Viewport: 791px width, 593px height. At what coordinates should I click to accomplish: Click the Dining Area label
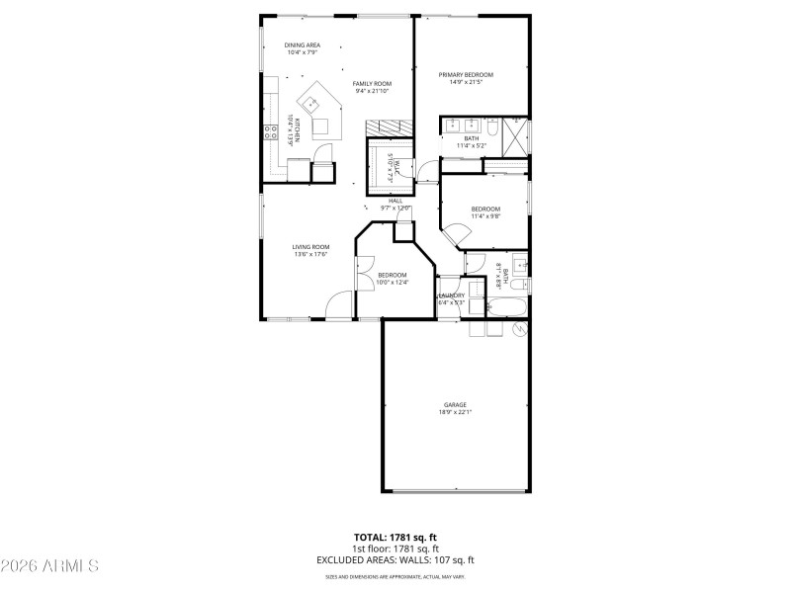click(303, 44)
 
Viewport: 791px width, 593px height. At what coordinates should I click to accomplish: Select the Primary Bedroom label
click(466, 74)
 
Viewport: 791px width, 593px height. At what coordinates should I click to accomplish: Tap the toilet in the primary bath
click(491, 127)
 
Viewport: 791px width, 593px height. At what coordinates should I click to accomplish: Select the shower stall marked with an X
click(515, 131)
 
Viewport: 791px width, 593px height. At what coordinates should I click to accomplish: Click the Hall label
click(395, 201)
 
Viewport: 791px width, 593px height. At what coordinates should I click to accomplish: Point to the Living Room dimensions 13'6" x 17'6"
click(309, 254)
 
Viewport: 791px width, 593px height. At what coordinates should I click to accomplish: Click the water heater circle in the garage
click(516, 329)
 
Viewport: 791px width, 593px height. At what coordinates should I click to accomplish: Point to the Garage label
click(455, 404)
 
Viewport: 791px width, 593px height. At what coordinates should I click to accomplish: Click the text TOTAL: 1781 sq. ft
click(395, 538)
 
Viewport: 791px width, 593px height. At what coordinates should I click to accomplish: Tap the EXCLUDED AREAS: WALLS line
click(395, 559)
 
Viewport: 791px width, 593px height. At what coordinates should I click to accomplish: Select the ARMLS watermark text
click(49, 566)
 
